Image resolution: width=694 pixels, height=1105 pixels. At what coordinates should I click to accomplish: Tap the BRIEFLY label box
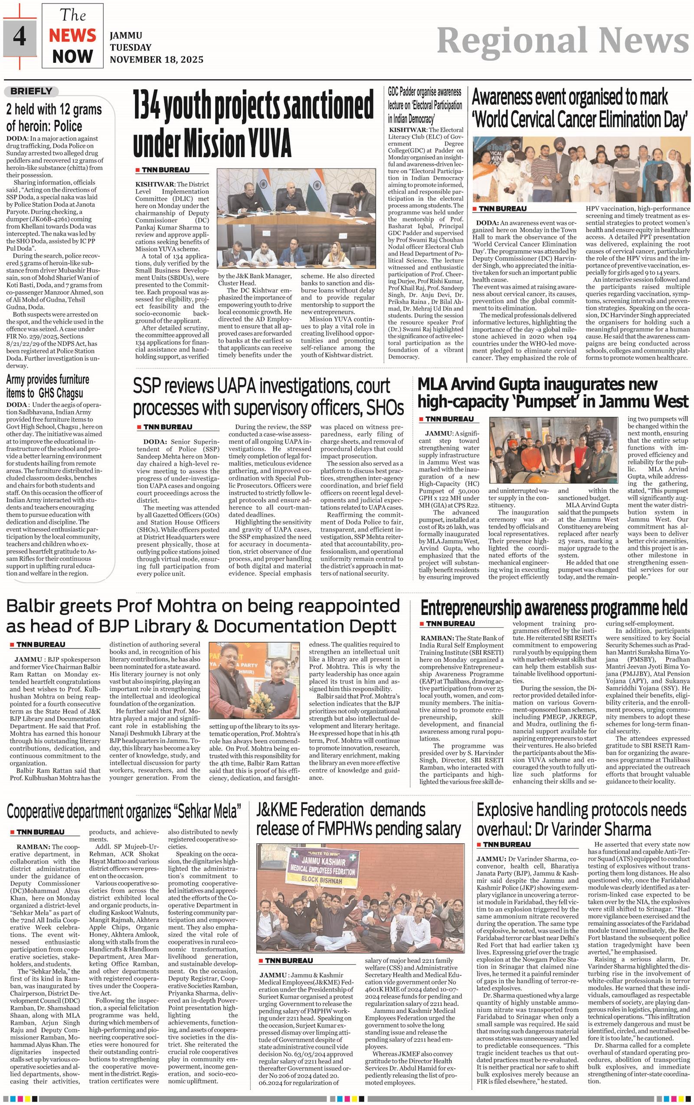31,92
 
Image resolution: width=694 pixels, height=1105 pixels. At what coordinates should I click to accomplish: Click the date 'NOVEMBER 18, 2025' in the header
156,60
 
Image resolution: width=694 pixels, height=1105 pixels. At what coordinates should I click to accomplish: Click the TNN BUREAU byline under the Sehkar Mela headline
40,832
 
